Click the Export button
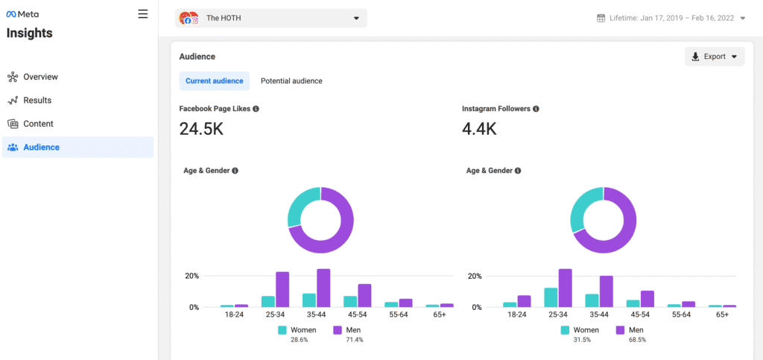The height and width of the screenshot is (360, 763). point(714,57)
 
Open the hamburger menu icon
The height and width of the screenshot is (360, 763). point(143,14)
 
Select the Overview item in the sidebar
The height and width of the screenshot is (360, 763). point(40,77)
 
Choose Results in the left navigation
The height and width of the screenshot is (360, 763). point(37,101)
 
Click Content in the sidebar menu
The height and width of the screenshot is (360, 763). point(38,124)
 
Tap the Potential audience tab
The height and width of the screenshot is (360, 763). point(291,81)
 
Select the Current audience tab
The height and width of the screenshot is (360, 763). point(214,81)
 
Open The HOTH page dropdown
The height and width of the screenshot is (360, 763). point(270,19)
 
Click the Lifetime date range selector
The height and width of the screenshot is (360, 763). point(671,19)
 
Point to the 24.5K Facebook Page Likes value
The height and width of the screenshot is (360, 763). point(201,130)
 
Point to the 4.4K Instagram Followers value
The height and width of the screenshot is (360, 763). point(479,130)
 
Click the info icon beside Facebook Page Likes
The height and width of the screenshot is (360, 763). point(256,109)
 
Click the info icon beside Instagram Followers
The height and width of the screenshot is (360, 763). point(536,109)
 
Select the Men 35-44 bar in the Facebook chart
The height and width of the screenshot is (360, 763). point(323,288)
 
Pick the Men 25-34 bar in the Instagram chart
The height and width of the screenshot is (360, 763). point(566,288)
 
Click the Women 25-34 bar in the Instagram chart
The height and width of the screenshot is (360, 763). point(551,297)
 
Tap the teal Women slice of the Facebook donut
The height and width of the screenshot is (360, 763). point(300,205)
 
